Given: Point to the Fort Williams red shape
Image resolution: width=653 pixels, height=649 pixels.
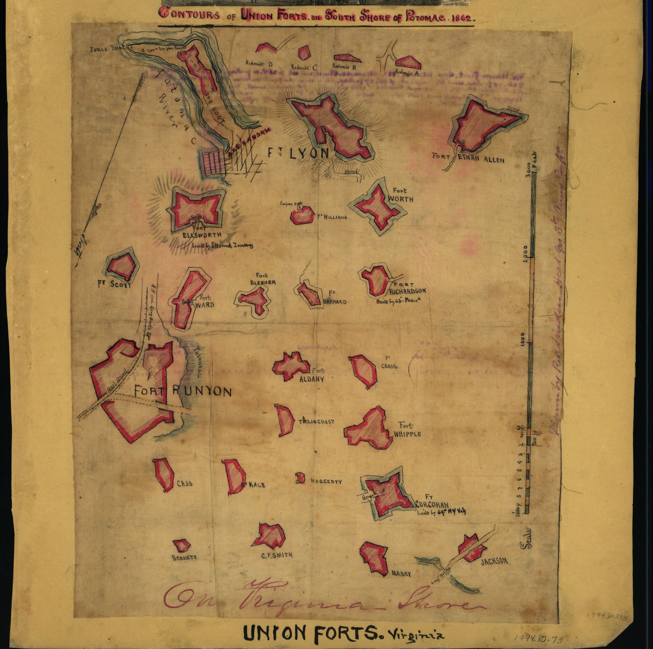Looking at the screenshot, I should [302, 215].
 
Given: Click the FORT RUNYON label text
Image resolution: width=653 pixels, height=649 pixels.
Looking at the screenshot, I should [183, 391].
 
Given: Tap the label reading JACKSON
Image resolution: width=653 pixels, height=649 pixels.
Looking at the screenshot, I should [494, 561].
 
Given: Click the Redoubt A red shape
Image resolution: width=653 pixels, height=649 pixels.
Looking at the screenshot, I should [408, 63].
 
